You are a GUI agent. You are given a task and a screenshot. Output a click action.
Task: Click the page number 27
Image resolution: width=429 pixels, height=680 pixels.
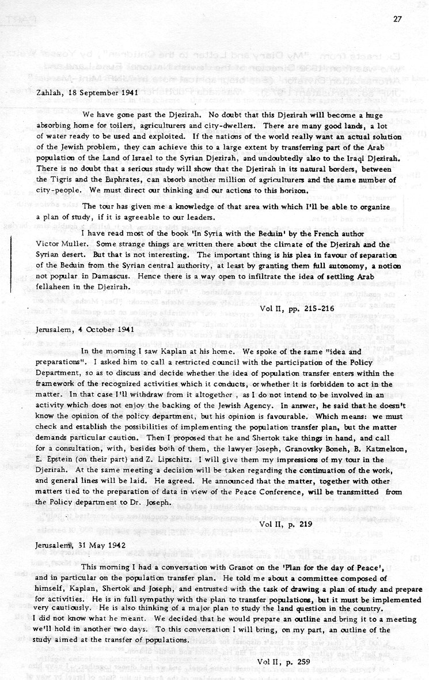point(397,18)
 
